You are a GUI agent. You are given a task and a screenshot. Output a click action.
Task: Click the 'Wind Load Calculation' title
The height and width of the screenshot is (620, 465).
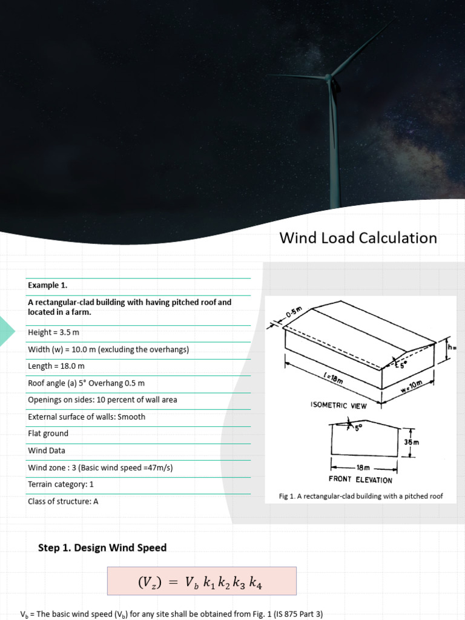click(358, 238)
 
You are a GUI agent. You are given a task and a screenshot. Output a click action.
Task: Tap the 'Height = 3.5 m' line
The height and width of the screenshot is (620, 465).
click(53, 332)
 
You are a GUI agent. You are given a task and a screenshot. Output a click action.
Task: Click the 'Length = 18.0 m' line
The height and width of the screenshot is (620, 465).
click(56, 366)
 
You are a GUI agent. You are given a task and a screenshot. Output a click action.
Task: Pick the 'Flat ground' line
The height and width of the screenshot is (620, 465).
click(48, 434)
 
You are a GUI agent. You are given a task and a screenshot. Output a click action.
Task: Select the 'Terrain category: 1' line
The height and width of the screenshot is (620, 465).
click(61, 484)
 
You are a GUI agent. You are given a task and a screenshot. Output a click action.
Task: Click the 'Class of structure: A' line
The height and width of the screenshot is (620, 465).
click(63, 501)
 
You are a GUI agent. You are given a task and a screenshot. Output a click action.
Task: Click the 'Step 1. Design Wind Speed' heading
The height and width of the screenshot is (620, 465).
click(102, 548)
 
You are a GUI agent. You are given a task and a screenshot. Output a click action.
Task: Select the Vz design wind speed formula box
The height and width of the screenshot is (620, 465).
click(202, 581)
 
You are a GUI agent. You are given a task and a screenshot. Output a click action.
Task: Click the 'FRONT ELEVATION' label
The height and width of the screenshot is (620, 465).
click(360, 480)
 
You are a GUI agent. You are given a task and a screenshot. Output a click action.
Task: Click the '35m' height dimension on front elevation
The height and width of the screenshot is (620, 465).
click(412, 442)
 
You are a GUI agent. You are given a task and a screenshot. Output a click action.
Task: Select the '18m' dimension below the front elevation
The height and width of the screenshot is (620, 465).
click(363, 468)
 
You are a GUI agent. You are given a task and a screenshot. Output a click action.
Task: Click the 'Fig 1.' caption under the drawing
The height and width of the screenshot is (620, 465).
click(361, 496)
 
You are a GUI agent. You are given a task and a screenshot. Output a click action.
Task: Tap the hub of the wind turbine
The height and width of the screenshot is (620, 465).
click(329, 78)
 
